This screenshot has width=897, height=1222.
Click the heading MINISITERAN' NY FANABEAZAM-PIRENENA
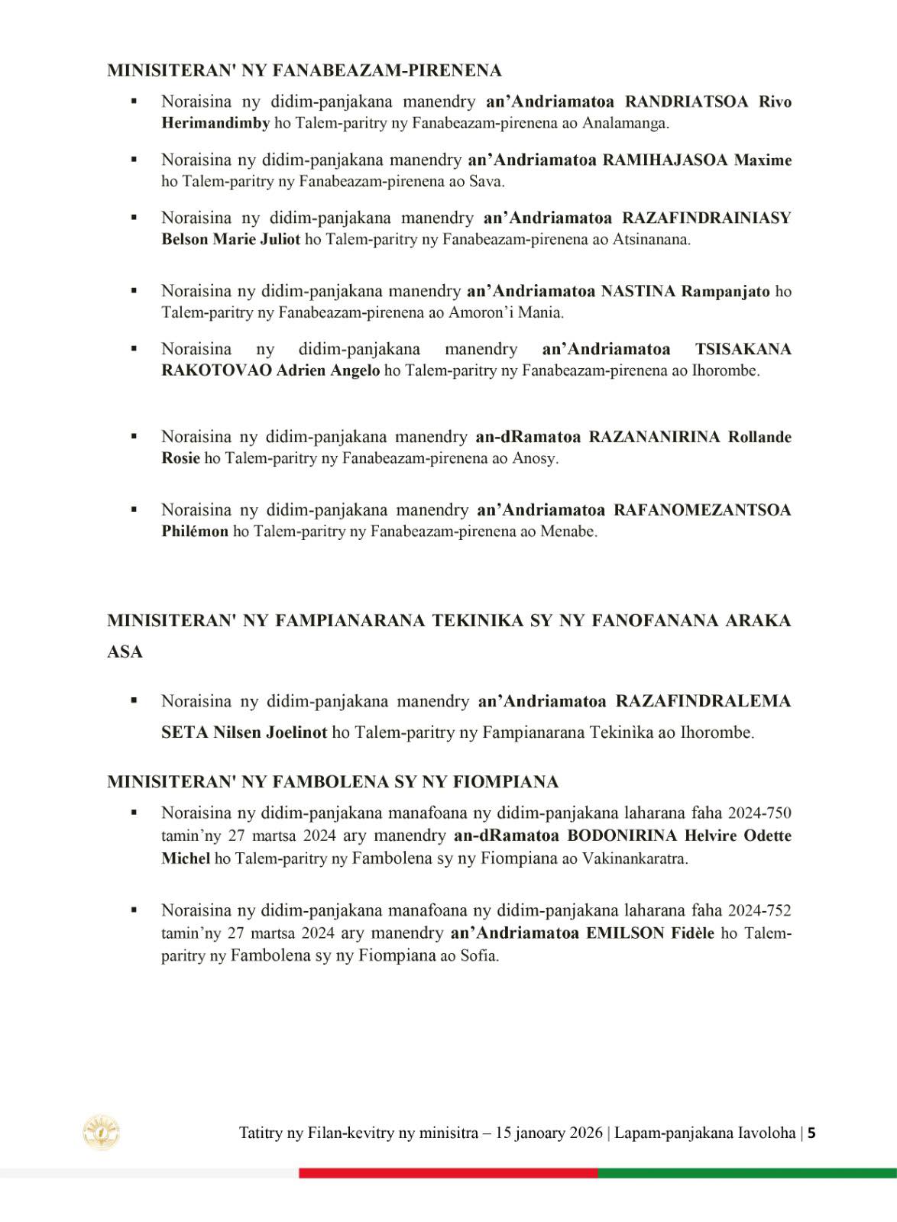pos(304,71)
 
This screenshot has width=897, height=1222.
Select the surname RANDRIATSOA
pos(686,102)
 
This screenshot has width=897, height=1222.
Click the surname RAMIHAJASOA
pos(665,160)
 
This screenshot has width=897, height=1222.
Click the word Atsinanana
pos(652,239)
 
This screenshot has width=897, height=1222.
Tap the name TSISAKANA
pos(743,350)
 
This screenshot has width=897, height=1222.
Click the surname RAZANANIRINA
pos(654,437)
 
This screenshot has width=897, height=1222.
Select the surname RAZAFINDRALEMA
pos(703,701)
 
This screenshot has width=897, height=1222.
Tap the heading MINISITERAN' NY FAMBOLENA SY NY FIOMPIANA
pos(332,782)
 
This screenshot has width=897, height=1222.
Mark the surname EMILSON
pos(625,933)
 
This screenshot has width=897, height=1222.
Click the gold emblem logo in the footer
pos(102,1133)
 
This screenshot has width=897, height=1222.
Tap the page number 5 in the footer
pos(811,1133)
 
